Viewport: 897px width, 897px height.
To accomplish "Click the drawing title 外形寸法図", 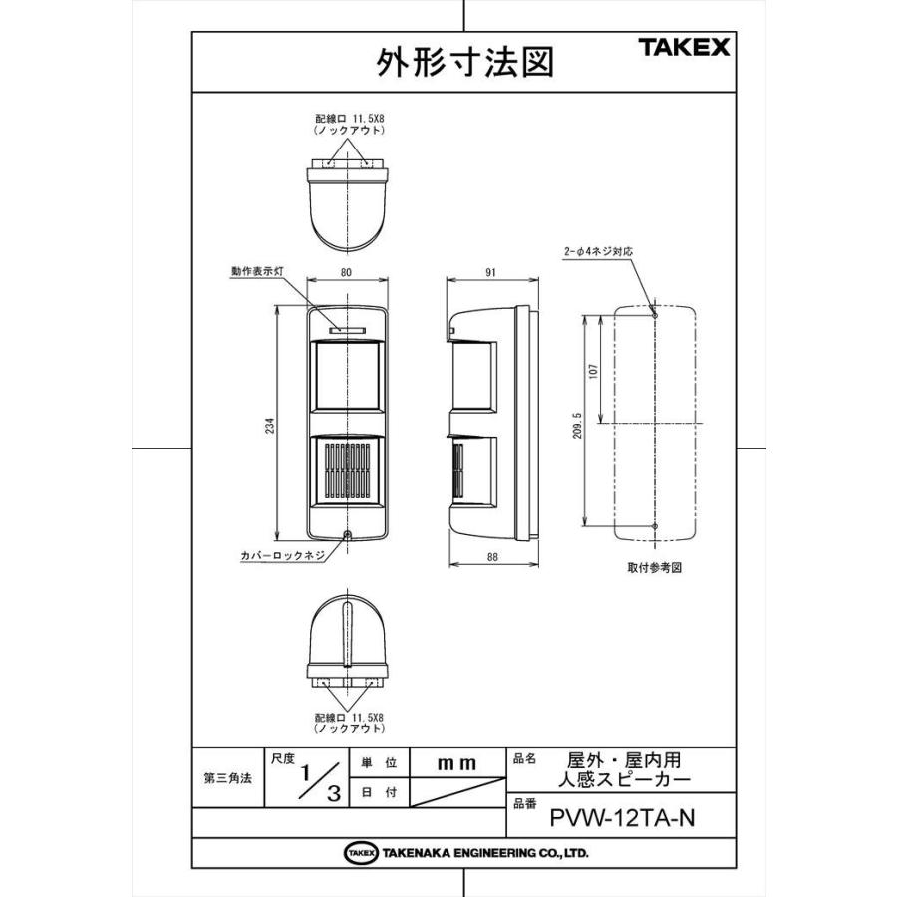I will pyautogui.click(x=465, y=62).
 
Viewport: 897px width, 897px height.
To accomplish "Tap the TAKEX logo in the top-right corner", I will pyautogui.click(x=683, y=47).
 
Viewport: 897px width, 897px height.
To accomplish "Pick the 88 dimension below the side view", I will pyautogui.click(x=492, y=558).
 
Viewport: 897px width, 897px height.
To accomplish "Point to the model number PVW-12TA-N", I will pyautogui.click(x=622, y=819).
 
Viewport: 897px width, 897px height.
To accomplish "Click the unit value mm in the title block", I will pyautogui.click(x=457, y=763).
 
